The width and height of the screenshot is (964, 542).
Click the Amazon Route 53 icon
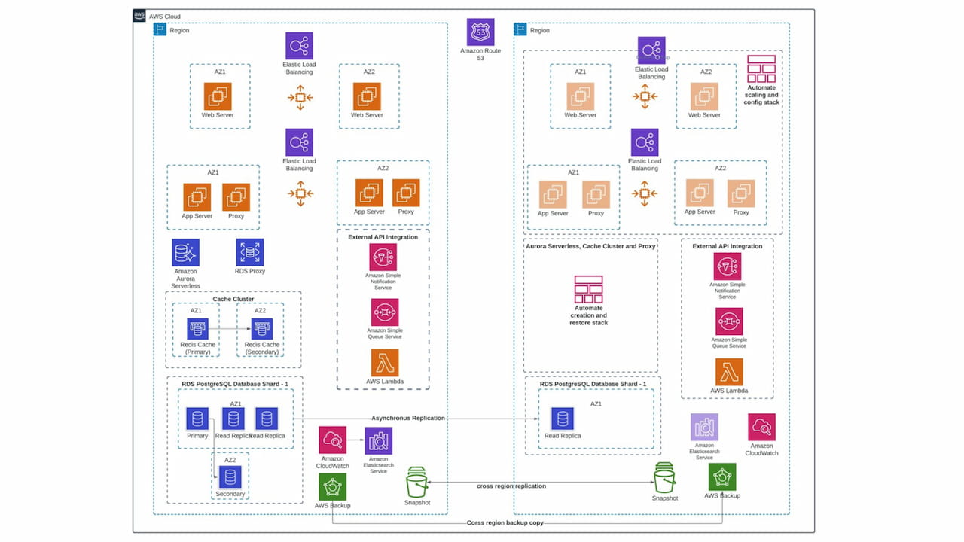point(480,32)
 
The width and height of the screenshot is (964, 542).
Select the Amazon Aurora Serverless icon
point(186,253)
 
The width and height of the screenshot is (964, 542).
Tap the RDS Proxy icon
point(250,253)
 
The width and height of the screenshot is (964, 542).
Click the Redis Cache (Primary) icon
point(197,329)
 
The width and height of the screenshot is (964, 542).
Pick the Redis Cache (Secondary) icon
point(261,329)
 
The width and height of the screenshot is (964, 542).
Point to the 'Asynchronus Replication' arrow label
point(407,418)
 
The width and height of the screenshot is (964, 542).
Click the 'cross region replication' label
point(511,486)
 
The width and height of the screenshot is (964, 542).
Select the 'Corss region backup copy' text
point(505,522)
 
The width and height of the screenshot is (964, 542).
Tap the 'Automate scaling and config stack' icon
point(761,69)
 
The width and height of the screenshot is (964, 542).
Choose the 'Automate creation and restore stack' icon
point(588,289)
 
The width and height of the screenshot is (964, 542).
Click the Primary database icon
point(197,419)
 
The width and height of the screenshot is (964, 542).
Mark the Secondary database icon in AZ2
point(230,477)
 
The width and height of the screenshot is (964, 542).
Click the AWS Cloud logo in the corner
point(139,16)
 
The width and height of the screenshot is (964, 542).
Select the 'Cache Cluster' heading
point(233,299)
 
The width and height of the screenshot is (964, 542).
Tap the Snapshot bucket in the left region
point(416,482)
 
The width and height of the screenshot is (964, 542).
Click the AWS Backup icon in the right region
point(722,477)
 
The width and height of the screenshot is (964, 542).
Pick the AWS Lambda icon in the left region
point(384,363)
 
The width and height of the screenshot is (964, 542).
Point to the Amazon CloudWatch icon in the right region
point(761,427)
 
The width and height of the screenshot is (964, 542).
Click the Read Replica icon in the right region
point(563,419)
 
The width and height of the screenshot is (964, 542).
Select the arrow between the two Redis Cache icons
point(229,329)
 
